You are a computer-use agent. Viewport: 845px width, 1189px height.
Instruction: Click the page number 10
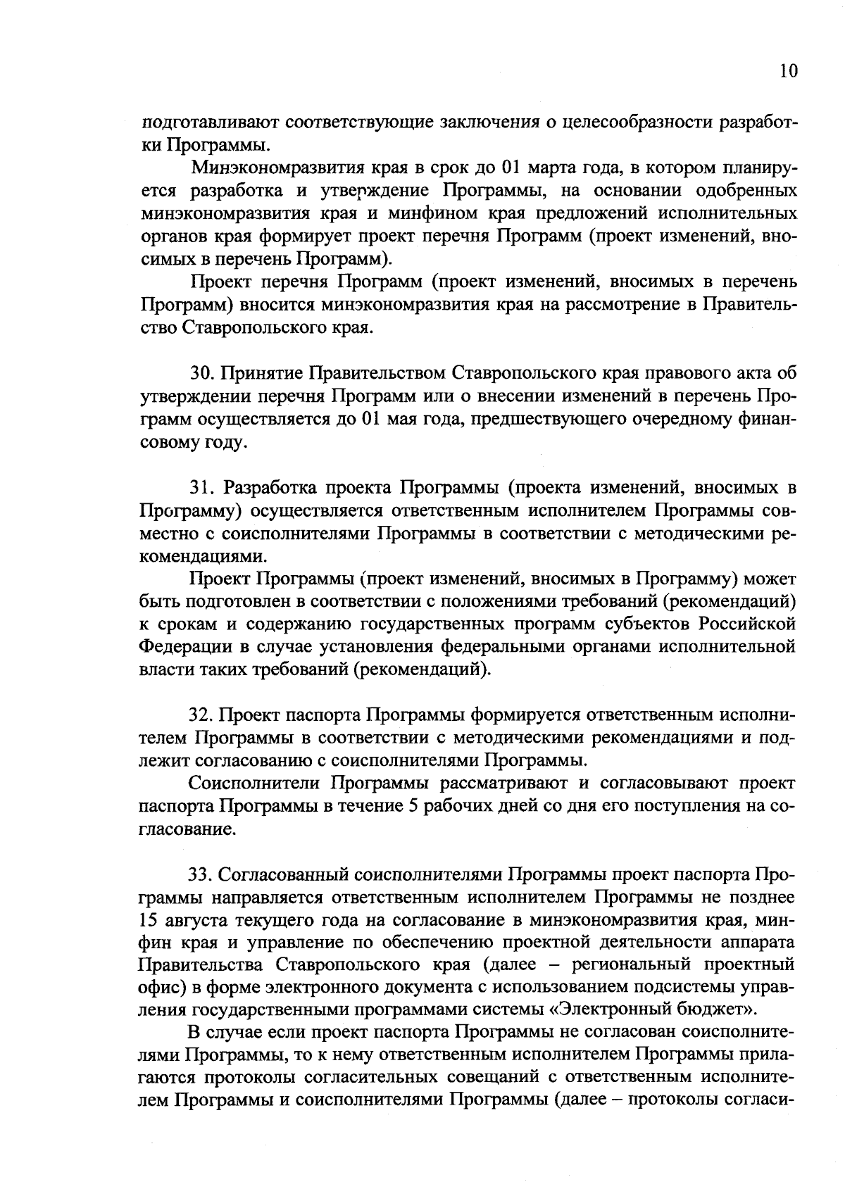click(x=789, y=72)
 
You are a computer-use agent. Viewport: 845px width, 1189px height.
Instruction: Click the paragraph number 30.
click(x=201, y=372)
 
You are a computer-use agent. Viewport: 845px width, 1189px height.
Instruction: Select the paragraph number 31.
click(x=201, y=487)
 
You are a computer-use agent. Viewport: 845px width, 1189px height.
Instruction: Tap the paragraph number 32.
click(x=201, y=715)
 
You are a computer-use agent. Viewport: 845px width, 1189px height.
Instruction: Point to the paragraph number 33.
click(x=201, y=875)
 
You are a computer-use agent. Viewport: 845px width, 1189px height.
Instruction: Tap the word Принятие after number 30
click(x=262, y=372)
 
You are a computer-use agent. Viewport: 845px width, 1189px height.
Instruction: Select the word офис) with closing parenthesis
click(x=162, y=988)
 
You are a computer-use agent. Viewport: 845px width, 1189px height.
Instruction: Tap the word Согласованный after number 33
click(x=287, y=875)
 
